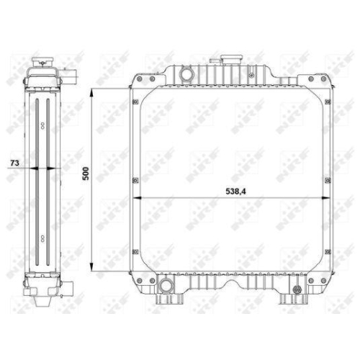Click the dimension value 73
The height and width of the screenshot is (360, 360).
tap(14, 163)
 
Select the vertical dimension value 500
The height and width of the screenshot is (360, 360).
tap(86, 174)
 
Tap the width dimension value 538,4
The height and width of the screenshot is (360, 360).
tap(235, 192)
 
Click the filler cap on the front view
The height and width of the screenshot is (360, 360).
tap(232, 59)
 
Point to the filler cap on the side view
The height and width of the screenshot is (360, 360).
tap(42, 61)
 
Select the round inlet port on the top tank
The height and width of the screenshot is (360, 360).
tap(186, 74)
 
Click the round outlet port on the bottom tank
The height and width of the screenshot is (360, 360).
tap(166, 286)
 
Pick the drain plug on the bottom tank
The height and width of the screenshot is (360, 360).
tap(297, 289)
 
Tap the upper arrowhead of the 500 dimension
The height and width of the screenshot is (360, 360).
tap(91, 93)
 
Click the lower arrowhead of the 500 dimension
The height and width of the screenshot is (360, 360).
tap(91, 267)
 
